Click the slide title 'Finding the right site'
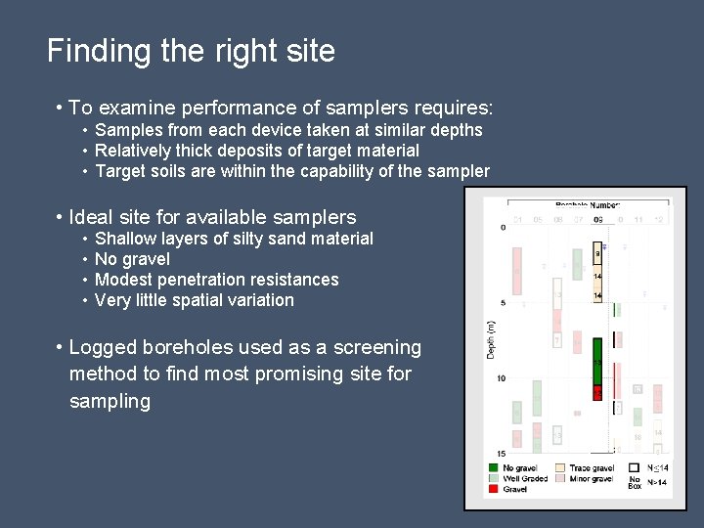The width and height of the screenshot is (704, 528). point(191,51)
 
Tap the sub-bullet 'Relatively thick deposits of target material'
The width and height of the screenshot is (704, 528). point(257,151)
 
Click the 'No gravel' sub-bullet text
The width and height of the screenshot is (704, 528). point(132,259)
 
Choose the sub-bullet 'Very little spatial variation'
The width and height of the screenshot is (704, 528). point(194,300)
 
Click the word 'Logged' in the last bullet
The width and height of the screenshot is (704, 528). point(103,347)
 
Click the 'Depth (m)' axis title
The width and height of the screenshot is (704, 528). point(492,337)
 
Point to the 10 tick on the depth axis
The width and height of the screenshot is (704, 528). point(501,378)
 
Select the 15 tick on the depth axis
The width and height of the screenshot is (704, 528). point(501,454)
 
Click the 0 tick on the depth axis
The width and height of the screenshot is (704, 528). point(503,228)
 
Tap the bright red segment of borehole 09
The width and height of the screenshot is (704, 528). point(597,392)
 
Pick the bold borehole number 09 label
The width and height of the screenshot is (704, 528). point(597,219)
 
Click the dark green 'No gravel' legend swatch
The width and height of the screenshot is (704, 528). point(494,468)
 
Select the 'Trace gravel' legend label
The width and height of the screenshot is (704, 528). point(592,468)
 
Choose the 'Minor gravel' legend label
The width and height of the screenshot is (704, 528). point(593,479)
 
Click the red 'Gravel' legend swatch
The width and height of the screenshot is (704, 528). point(494,489)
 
